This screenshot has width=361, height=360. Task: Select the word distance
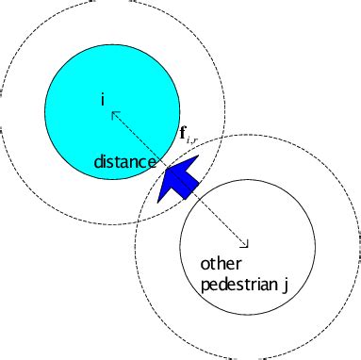pos(123,162)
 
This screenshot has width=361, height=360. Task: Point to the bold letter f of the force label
pos(183,133)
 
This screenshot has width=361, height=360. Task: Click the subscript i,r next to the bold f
pos(192,139)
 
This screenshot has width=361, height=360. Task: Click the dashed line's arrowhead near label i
pos(114,115)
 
